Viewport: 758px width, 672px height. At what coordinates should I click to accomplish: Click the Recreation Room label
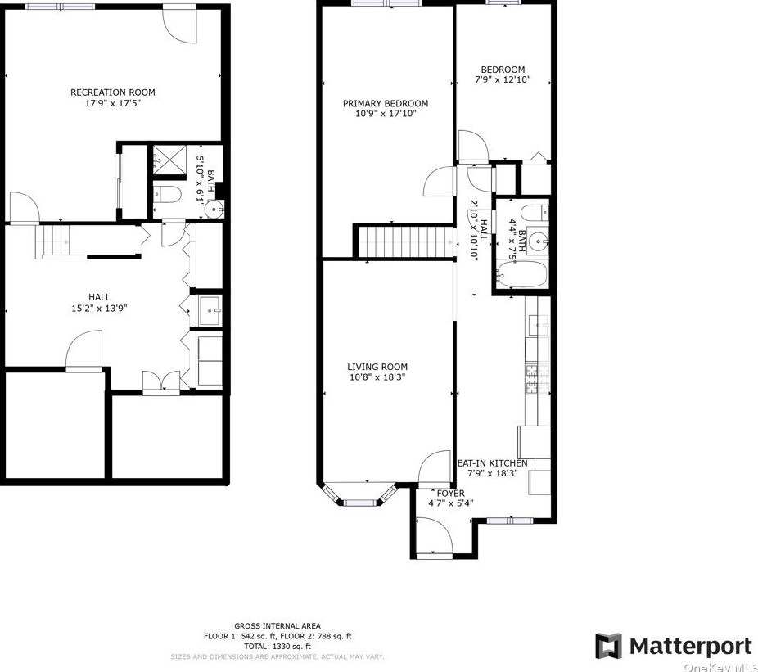click(x=113, y=92)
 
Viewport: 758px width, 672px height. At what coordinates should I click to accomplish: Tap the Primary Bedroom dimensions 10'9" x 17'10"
click(x=386, y=114)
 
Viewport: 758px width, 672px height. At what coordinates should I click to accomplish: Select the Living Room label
click(x=377, y=367)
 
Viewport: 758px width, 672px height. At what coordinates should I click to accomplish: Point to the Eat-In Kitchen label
click(x=493, y=463)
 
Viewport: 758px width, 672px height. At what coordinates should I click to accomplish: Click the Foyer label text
click(x=450, y=493)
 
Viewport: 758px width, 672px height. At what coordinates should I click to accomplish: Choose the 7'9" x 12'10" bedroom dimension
click(x=503, y=79)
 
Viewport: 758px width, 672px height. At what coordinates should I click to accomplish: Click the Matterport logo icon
click(x=608, y=646)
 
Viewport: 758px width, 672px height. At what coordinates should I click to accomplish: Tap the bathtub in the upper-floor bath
click(x=521, y=273)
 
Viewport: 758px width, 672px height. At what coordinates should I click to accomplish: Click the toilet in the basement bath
click(x=167, y=194)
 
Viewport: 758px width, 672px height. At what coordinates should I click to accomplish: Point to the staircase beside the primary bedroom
click(x=405, y=241)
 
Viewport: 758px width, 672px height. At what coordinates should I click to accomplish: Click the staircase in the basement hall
click(x=52, y=241)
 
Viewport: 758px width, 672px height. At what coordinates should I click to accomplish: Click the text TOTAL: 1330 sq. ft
click(x=277, y=646)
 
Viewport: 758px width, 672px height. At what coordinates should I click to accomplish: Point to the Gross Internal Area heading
click(x=277, y=626)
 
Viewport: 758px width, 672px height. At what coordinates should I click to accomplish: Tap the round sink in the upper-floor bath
click(x=537, y=239)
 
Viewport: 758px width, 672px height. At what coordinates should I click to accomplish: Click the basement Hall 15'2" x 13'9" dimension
click(x=99, y=308)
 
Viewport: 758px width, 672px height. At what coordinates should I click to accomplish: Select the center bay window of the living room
click(x=360, y=503)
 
